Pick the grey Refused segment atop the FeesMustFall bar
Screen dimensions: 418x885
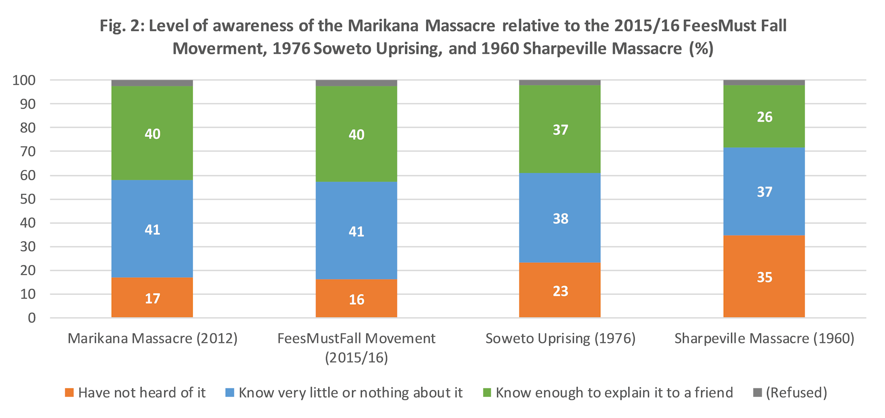tap(356, 83)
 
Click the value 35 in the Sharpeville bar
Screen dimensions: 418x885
tap(764, 277)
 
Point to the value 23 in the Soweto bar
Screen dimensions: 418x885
tap(560, 291)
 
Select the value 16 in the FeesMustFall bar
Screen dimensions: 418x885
tap(356, 299)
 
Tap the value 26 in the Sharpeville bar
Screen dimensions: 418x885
tap(765, 117)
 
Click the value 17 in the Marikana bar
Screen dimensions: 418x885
tap(152, 298)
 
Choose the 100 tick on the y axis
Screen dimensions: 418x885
tap(24, 80)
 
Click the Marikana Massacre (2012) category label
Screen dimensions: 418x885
tap(152, 339)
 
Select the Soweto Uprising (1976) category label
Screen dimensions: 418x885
tap(560, 339)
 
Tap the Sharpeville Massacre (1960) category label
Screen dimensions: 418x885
tap(764, 339)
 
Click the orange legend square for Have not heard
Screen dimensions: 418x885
tap(69, 393)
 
